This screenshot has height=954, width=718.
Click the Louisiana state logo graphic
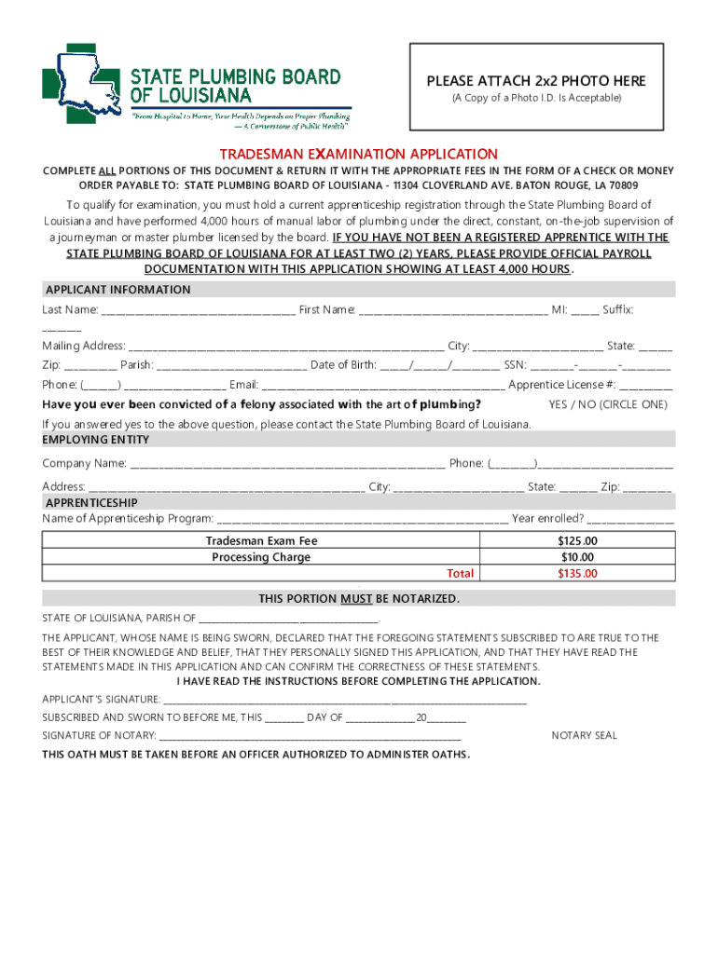[x=82, y=84]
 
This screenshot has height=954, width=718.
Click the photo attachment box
[x=536, y=88]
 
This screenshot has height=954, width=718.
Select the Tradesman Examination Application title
[x=359, y=154]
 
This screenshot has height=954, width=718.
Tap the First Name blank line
[x=453, y=310]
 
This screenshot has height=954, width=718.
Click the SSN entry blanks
[x=601, y=366]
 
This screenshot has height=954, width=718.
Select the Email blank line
[x=383, y=386]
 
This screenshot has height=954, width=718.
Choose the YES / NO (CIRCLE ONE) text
[x=608, y=404]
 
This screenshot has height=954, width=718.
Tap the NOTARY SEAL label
[x=584, y=736]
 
